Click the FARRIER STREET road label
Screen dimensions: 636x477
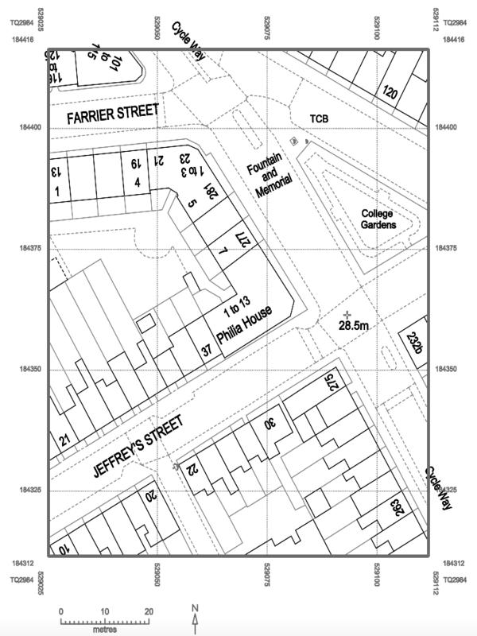pos(112,116)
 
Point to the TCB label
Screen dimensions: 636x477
pos(319,119)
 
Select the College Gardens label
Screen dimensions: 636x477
pos(378,219)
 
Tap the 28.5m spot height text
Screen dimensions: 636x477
pos(353,326)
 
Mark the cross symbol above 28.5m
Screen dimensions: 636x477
pos(347,315)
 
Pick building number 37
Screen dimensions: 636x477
pos(206,351)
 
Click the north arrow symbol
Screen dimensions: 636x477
pos(196,615)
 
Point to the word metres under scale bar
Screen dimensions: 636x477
pos(105,630)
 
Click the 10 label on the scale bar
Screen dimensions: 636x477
pos(105,611)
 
